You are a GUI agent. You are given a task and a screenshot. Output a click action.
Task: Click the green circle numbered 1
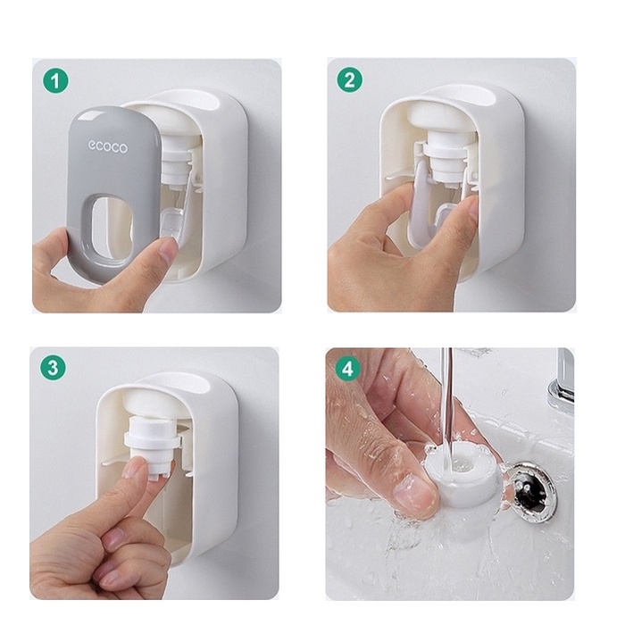click(55, 80)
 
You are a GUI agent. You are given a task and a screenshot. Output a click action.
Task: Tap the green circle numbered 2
click(350, 79)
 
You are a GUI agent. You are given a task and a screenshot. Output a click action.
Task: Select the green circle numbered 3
click(53, 367)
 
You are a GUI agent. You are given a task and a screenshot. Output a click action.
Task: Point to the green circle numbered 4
click(347, 368)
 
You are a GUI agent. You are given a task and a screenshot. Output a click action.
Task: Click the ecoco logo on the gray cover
click(108, 146)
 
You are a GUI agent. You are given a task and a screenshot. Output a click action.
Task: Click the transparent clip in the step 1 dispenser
click(172, 224)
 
